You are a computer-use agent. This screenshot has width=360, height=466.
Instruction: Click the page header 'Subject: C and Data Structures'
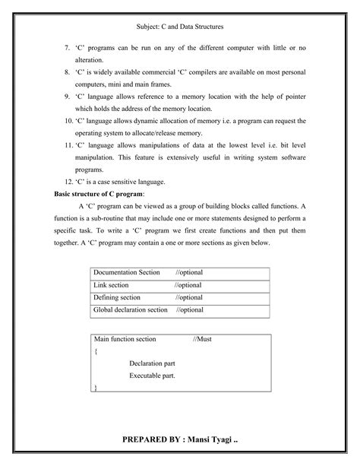pyautogui.click(x=179, y=28)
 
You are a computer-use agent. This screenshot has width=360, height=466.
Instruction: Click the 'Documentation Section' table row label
pyautogui.click(x=127, y=272)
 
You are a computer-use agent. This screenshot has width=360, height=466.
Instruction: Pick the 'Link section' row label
pyautogui.click(x=112, y=285)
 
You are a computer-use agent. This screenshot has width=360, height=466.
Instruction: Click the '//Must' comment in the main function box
pyautogui.click(x=203, y=340)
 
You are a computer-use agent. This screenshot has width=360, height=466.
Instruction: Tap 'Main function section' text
pyautogui.click(x=125, y=340)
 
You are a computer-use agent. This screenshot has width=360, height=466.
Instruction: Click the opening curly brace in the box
pyautogui.click(x=96, y=351)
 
